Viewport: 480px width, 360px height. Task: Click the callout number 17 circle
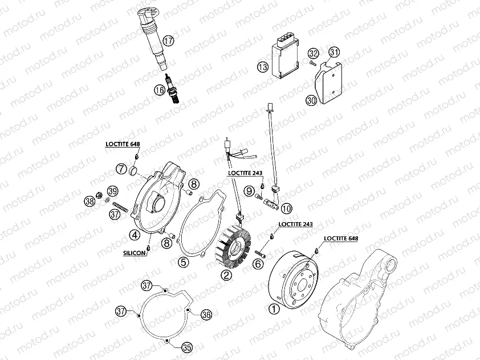tap(168, 40)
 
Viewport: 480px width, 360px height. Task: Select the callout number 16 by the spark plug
tap(160, 89)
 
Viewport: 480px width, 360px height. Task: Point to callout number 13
tap(262, 67)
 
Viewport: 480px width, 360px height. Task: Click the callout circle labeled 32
tap(313, 54)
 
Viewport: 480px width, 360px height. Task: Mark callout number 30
tap(311, 100)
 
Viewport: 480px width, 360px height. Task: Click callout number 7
tap(121, 169)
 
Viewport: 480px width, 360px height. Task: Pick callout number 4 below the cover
tap(135, 234)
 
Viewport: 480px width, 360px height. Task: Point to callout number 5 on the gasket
tap(182, 262)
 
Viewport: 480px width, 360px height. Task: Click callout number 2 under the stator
tap(226, 276)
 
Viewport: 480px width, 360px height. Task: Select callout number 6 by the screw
tap(258, 263)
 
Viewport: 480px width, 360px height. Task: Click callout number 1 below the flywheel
tap(274, 309)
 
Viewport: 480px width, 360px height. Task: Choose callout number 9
tap(250, 191)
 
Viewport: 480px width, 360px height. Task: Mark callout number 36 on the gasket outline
tap(206, 314)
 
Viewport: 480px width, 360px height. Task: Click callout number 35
tap(186, 347)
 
